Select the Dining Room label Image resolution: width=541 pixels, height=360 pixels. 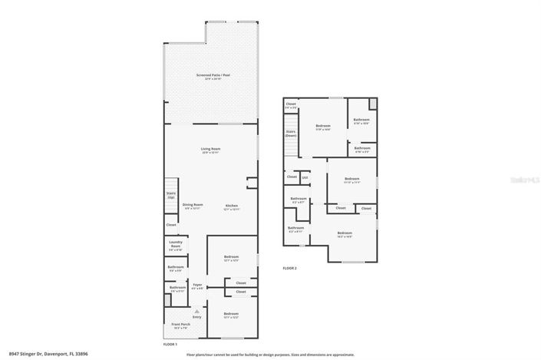click(193, 206)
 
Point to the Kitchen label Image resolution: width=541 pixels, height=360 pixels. click(232, 206)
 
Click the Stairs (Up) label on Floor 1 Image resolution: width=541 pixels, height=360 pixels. click(171, 197)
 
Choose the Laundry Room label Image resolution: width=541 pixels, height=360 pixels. click(176, 246)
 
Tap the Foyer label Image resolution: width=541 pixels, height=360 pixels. click(197, 286)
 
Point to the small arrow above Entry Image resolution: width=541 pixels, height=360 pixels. click(197, 310)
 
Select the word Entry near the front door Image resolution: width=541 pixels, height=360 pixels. click(197, 317)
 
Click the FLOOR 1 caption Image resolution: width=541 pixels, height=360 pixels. click(170, 345)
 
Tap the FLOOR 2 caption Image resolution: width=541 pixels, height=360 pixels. click(289, 268)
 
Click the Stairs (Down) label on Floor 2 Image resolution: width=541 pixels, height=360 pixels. click(291, 133)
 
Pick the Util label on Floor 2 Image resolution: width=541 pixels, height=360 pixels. click(305, 177)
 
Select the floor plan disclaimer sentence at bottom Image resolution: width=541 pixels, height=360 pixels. click(270, 355)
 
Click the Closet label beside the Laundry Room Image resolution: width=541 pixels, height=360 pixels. click(170, 225)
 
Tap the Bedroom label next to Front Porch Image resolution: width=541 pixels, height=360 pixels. click(231, 315)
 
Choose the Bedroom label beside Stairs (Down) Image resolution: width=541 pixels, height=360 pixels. click(323, 127)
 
